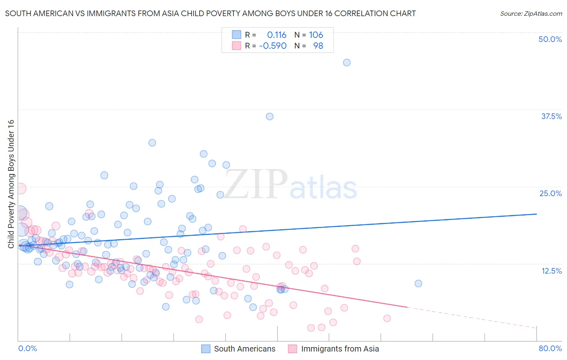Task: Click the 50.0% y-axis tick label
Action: (x=550, y=39)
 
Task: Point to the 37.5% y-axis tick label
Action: (x=551, y=116)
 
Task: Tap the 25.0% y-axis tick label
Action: (x=550, y=193)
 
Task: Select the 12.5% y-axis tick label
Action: (x=551, y=271)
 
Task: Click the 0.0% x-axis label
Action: (x=27, y=348)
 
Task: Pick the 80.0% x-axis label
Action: (x=550, y=348)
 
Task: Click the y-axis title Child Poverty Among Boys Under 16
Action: (x=11, y=184)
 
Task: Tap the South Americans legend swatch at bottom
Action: (x=206, y=349)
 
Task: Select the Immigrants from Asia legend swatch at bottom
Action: (x=293, y=349)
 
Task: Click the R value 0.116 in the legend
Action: (x=277, y=35)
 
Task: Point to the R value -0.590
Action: (x=273, y=46)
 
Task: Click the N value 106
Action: (x=316, y=35)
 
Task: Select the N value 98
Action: (x=318, y=46)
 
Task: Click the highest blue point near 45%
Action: (x=347, y=63)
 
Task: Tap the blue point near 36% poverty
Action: (x=270, y=117)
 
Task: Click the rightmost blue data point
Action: (x=418, y=284)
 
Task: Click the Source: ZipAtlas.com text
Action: (x=531, y=14)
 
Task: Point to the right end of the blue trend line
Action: (x=536, y=214)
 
